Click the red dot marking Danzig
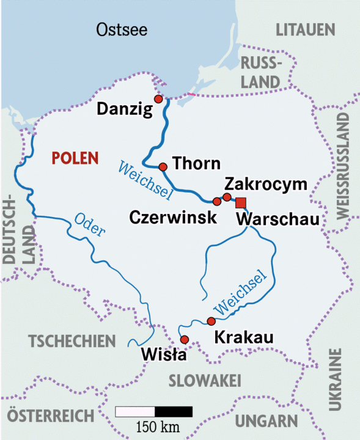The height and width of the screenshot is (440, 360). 158,99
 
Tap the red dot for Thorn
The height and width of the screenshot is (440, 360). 163,166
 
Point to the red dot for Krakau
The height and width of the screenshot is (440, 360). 211,321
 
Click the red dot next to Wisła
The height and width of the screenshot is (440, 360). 185,340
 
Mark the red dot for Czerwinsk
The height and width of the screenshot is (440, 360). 216,201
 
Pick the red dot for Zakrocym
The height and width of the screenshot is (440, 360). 227,197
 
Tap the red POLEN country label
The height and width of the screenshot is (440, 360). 75,158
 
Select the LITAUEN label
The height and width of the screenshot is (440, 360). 306,29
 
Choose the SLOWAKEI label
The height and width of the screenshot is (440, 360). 204,380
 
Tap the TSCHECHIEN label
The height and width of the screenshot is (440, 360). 72,341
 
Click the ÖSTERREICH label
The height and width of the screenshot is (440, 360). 48,416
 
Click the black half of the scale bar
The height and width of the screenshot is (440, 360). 173,411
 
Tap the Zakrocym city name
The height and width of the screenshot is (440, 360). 265,184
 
